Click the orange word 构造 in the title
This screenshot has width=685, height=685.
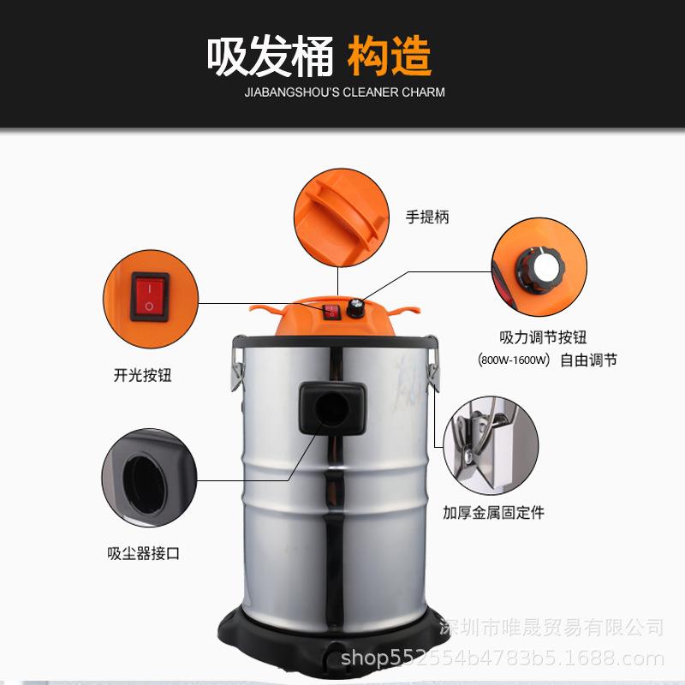tap(390, 57)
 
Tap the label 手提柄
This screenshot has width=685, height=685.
tap(427, 217)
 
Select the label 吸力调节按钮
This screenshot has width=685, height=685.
tap(543, 337)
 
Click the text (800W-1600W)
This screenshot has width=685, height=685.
tap(514, 360)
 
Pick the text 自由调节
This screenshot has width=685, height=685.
tap(588, 360)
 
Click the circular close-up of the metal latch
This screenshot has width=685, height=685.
tap(491, 444)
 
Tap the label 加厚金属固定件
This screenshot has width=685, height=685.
tap(493, 513)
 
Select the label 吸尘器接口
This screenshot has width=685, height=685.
tap(143, 554)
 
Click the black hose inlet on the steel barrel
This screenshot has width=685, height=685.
tap(332, 408)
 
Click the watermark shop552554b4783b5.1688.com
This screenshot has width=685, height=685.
tap(503, 658)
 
